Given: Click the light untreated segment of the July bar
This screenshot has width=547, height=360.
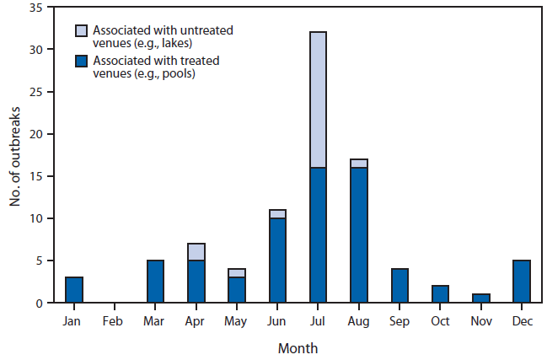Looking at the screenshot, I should [318, 99].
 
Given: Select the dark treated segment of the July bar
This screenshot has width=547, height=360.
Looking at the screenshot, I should [318, 235].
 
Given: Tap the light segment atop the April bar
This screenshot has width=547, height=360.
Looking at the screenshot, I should [196, 251].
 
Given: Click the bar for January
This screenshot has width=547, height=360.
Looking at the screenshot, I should [74, 289].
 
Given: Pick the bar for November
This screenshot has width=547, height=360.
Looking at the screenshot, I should [480, 298].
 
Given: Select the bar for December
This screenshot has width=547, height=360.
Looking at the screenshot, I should [521, 281].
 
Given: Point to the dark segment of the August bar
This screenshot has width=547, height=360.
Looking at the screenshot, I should [358, 235].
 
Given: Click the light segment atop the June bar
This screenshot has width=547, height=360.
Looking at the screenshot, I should [277, 213].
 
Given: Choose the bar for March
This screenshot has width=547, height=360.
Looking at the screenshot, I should [155, 281].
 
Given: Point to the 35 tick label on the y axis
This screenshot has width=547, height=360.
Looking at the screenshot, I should [36, 8].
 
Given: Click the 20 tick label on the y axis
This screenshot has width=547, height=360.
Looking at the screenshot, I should [36, 134].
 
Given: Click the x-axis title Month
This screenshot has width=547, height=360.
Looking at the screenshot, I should [298, 347].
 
